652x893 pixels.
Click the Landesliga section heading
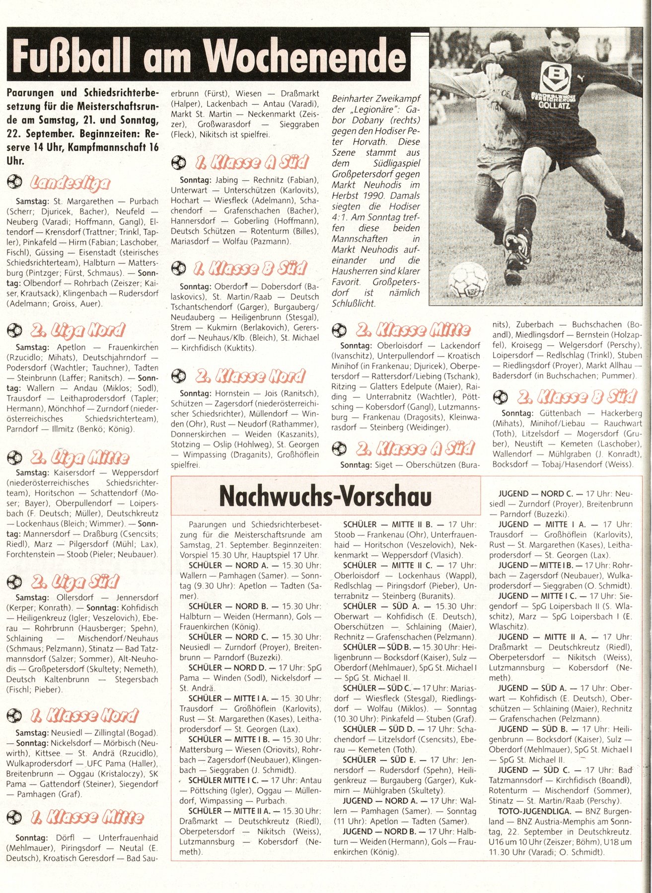click(70, 183)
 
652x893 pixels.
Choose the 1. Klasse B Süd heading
click(250, 268)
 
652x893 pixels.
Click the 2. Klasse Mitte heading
click(413, 330)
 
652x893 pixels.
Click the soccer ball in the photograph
click(468, 279)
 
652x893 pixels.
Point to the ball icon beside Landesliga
click(14, 183)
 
